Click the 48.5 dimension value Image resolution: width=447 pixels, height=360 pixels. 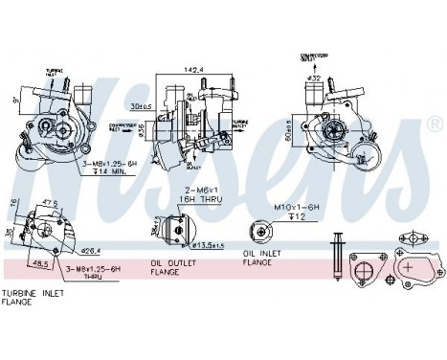41,262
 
